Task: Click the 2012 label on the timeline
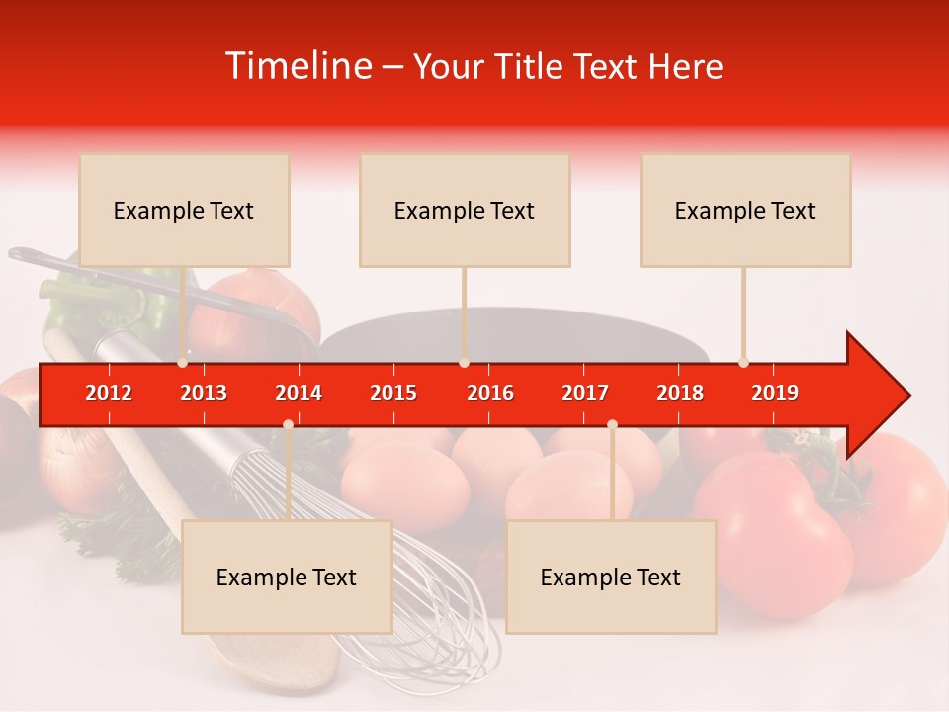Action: pyautogui.click(x=109, y=393)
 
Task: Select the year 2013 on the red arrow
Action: pyautogui.click(x=204, y=393)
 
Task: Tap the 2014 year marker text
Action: pyautogui.click(x=299, y=393)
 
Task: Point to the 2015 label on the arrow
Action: pyautogui.click(x=393, y=393)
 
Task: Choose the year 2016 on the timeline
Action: pyautogui.click(x=490, y=393)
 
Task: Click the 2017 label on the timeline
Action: pyautogui.click(x=585, y=393)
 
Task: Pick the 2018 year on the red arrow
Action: pyautogui.click(x=680, y=393)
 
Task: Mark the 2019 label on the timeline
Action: pyautogui.click(x=775, y=393)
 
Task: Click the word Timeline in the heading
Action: pyautogui.click(x=298, y=66)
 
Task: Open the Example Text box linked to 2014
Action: pyautogui.click(x=287, y=577)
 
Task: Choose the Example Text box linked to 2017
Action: pyautogui.click(x=611, y=577)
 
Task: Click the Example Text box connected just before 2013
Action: pyautogui.click(x=184, y=210)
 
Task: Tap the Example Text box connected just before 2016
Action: pyautogui.click(x=465, y=210)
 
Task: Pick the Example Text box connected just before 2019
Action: pyautogui.click(x=745, y=210)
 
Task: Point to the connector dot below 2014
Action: pyautogui.click(x=288, y=424)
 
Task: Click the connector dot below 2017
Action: pyautogui.click(x=612, y=424)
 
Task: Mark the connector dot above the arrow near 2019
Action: pyautogui.click(x=743, y=363)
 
